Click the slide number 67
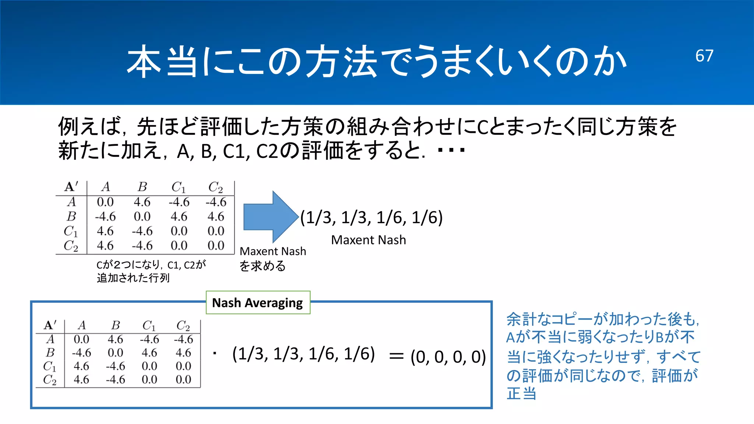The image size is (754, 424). coord(704,56)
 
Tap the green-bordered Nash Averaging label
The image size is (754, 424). coord(258,303)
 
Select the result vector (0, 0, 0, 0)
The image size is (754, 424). coord(448,357)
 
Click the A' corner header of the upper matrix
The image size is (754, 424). coord(71,187)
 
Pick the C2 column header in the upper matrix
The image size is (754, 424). coord(215,187)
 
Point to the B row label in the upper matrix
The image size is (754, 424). coord(71,216)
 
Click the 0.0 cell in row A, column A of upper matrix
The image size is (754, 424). coord(105,202)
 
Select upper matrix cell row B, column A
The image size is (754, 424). coord(105,216)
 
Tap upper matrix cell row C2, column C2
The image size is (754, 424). coord(216,245)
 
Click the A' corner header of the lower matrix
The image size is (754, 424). coord(50,325)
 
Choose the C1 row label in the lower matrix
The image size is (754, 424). coord(50,366)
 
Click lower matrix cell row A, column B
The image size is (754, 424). coord(115,339)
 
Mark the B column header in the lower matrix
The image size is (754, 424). coord(116,325)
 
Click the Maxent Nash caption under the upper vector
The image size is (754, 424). coord(369,240)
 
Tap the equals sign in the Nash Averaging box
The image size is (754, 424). coord(397,356)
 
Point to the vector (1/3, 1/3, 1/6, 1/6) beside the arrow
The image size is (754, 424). coord(371,218)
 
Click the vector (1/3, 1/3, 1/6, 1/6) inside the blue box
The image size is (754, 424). coord(303,354)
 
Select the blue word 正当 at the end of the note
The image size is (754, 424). coord(521,394)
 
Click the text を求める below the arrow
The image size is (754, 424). coord(263,266)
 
